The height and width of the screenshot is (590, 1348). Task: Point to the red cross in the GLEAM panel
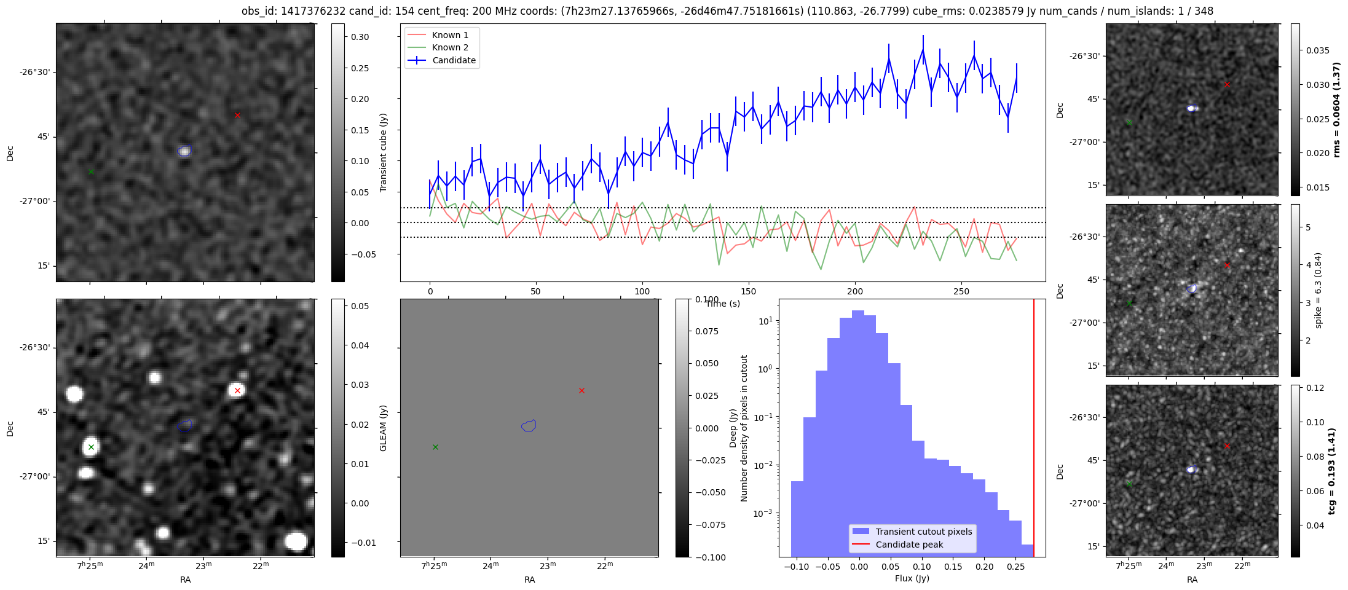pyautogui.click(x=581, y=390)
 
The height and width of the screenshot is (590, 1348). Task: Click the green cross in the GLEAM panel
pyautogui.click(x=435, y=447)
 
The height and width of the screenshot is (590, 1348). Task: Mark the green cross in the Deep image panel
pyautogui.click(x=91, y=447)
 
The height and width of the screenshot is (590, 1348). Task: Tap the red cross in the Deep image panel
pyautogui.click(x=237, y=390)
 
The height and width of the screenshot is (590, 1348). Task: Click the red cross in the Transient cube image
pyautogui.click(x=237, y=115)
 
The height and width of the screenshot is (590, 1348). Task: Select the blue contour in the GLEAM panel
pyautogui.click(x=529, y=425)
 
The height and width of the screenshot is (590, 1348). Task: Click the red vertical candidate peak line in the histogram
pyautogui.click(x=1034, y=430)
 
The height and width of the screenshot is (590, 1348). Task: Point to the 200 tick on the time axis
pyautogui.click(x=855, y=291)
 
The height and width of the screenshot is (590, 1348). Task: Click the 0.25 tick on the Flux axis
pyautogui.click(x=1016, y=567)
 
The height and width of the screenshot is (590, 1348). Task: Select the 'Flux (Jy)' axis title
pyautogui.click(x=912, y=578)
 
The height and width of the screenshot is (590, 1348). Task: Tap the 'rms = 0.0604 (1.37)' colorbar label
pyautogui.click(x=1336, y=109)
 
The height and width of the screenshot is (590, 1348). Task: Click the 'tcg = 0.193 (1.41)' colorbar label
pyautogui.click(x=1331, y=471)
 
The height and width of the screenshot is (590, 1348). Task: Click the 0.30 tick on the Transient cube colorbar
pyautogui.click(x=360, y=37)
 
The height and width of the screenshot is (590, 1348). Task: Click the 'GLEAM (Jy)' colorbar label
pyautogui.click(x=384, y=428)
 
